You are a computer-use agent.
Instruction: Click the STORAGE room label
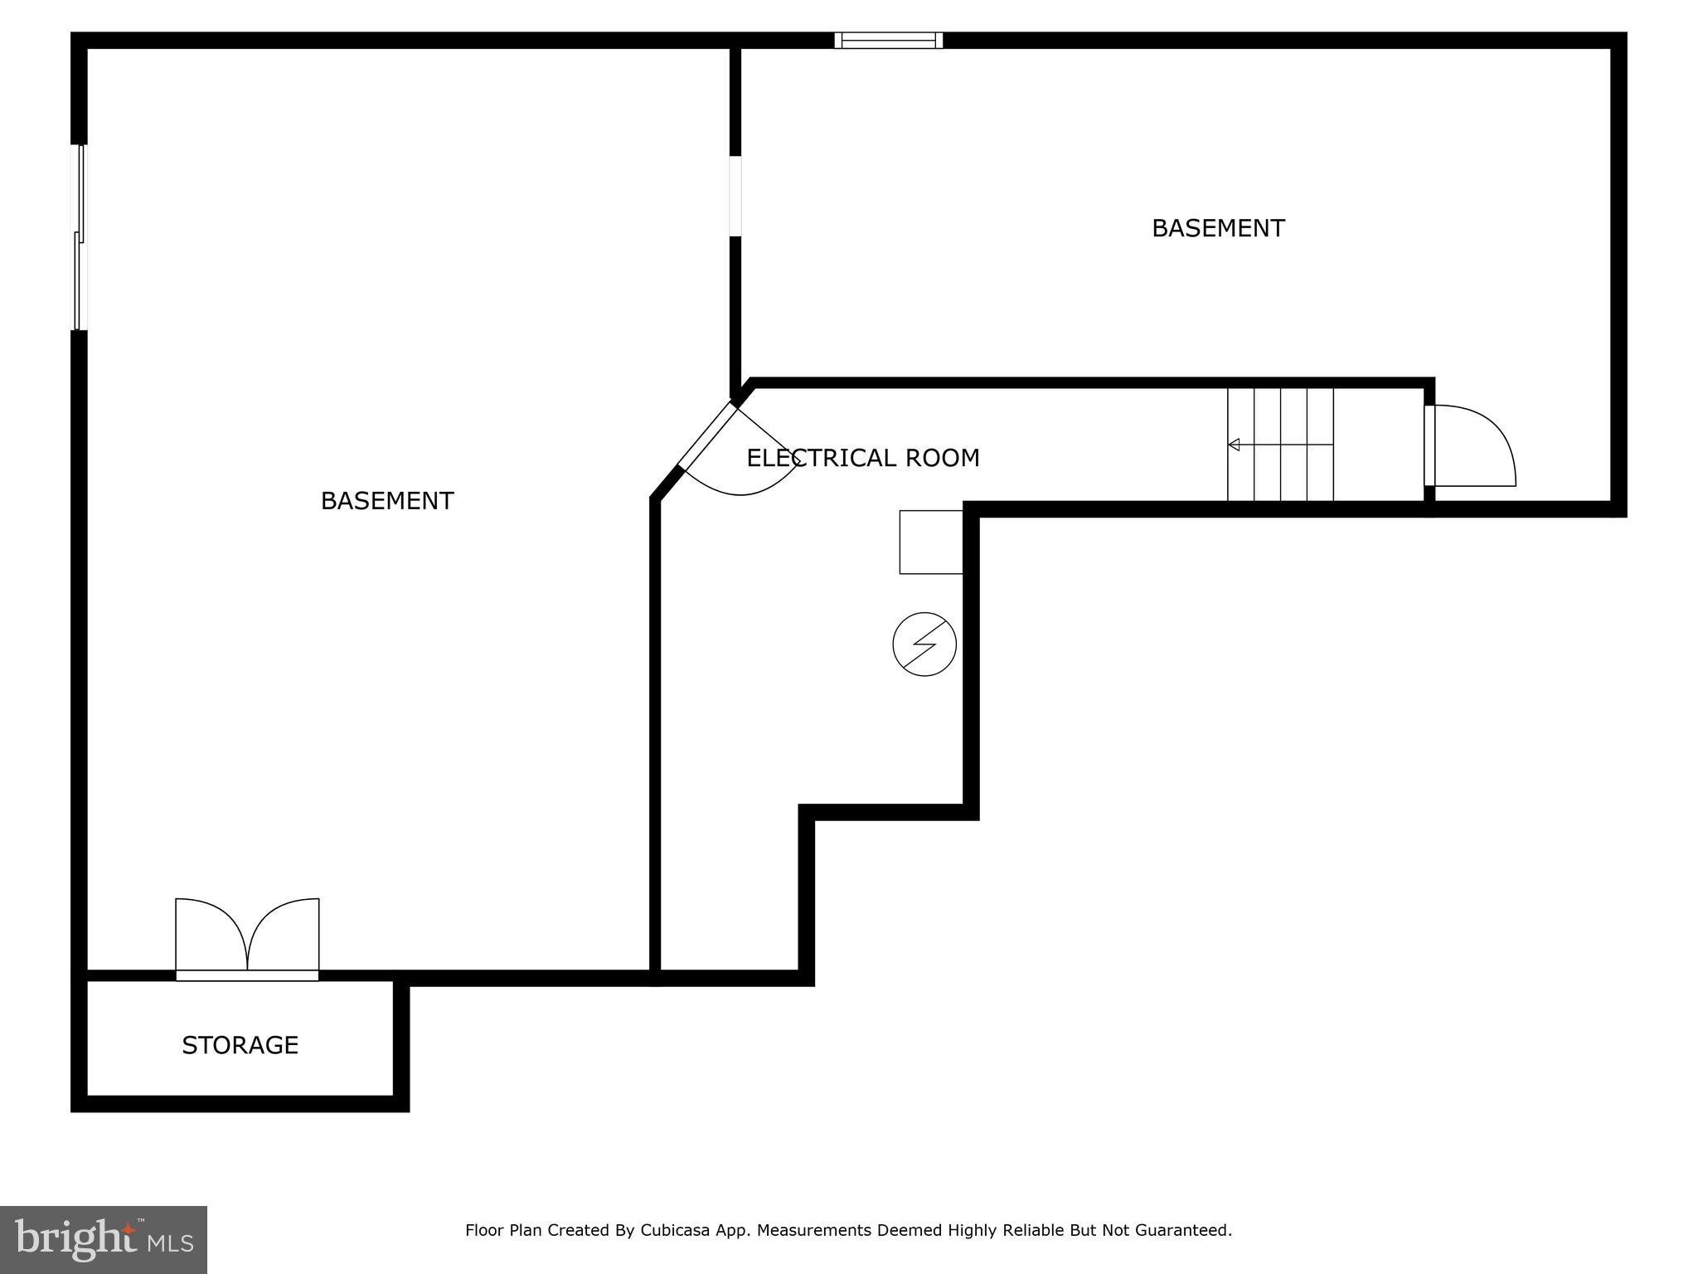tap(240, 1045)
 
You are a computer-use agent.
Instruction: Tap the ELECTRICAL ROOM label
tap(862, 458)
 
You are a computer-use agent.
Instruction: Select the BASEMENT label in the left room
tap(387, 501)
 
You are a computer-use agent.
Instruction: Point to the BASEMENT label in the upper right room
tap(1218, 228)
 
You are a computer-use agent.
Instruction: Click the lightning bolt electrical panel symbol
tap(924, 644)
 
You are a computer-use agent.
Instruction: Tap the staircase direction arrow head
tap(1234, 445)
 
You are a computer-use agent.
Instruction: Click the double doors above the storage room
tap(247, 937)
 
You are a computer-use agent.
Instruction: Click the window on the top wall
tap(888, 41)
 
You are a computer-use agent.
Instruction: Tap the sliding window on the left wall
tap(80, 238)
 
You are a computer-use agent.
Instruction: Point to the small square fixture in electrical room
tap(931, 542)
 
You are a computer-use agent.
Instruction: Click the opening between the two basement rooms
tap(735, 196)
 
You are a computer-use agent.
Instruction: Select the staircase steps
tap(1281, 445)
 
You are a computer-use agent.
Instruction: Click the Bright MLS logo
tap(104, 1240)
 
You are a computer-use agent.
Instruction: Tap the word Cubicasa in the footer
tap(675, 1230)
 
